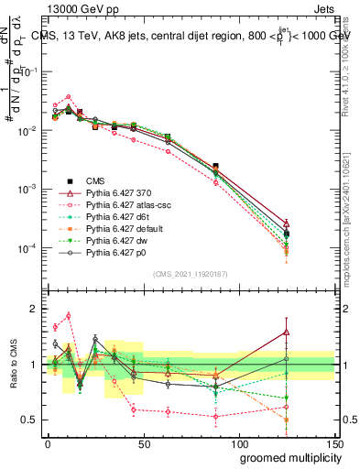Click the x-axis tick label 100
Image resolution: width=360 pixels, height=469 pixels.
click(x=238, y=442)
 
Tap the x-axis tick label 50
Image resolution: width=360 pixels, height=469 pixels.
click(x=143, y=442)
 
